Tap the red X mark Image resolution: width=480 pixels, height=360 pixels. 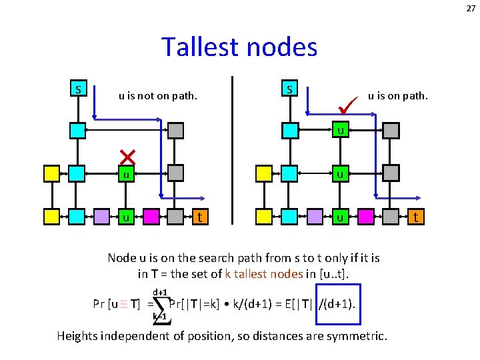(127, 157)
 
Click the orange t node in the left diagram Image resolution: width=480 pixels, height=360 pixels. (199, 217)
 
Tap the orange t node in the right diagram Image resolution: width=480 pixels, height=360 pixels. (416, 217)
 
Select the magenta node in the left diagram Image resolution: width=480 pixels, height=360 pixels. (151, 217)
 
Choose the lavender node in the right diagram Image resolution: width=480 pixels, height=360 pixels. (315, 217)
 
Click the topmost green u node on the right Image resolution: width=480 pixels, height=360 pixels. (340, 131)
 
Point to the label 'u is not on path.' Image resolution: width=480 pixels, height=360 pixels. (158, 95)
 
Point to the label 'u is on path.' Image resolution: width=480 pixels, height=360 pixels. (398, 95)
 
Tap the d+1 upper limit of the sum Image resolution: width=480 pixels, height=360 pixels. (160, 292)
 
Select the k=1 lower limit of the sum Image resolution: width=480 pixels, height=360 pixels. (159, 316)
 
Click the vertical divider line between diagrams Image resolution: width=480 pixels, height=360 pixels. (232, 149)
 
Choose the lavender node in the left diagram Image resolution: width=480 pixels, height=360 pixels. (101, 217)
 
